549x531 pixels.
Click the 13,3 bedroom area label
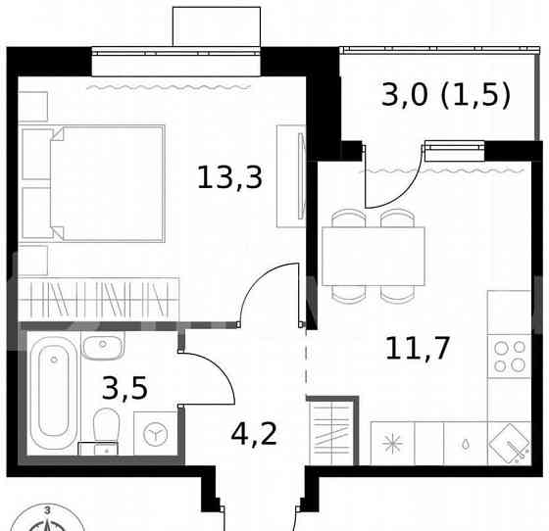coord(229,177)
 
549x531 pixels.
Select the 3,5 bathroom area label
coord(125,388)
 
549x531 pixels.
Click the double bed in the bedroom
coord(93,183)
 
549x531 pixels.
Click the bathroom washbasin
coord(102,345)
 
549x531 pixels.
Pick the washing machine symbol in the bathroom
coord(155,433)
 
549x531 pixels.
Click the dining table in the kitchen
coord(373,255)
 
